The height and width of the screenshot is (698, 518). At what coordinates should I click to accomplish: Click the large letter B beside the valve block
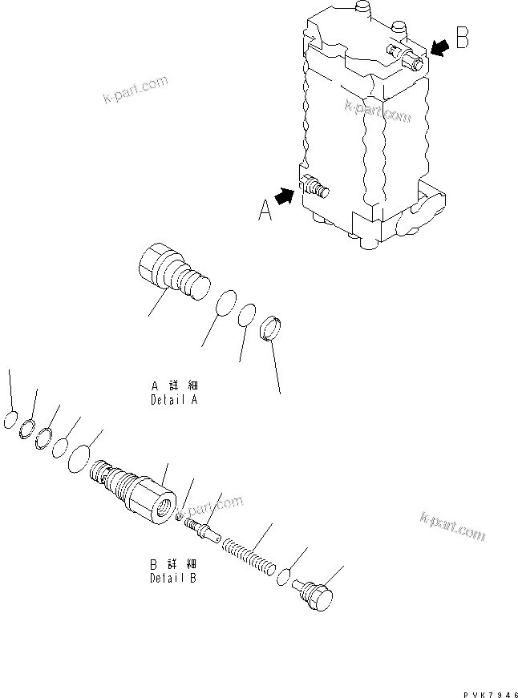tap(462, 38)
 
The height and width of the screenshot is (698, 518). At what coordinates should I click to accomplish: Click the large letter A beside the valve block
tap(265, 210)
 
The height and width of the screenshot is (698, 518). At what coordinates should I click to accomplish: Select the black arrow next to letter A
tap(284, 195)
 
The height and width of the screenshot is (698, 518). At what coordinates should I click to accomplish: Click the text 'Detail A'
tap(173, 399)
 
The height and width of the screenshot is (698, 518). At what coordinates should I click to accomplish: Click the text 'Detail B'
tap(172, 577)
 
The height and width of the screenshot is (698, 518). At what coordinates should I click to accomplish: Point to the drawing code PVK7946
tap(488, 688)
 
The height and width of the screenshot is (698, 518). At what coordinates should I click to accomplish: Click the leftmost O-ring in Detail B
tap(10, 420)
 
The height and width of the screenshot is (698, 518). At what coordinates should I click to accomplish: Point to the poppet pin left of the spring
tap(198, 529)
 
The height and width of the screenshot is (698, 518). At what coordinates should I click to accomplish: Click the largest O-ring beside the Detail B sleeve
tap(80, 461)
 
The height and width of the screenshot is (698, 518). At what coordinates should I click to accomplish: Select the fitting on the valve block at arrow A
tap(314, 188)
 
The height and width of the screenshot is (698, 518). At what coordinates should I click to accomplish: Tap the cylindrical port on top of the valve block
tap(363, 10)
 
